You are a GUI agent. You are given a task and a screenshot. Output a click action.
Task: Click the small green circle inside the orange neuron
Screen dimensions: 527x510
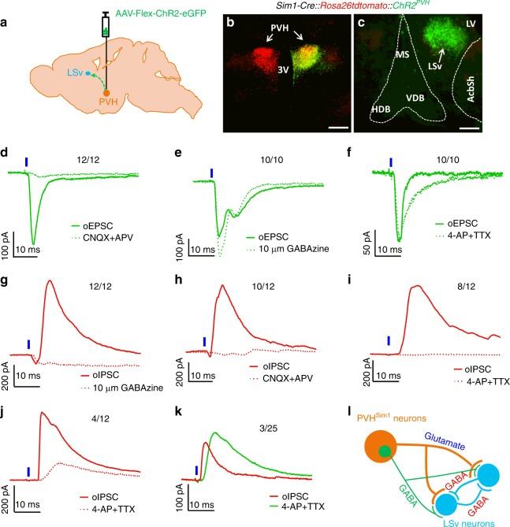[384, 451]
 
